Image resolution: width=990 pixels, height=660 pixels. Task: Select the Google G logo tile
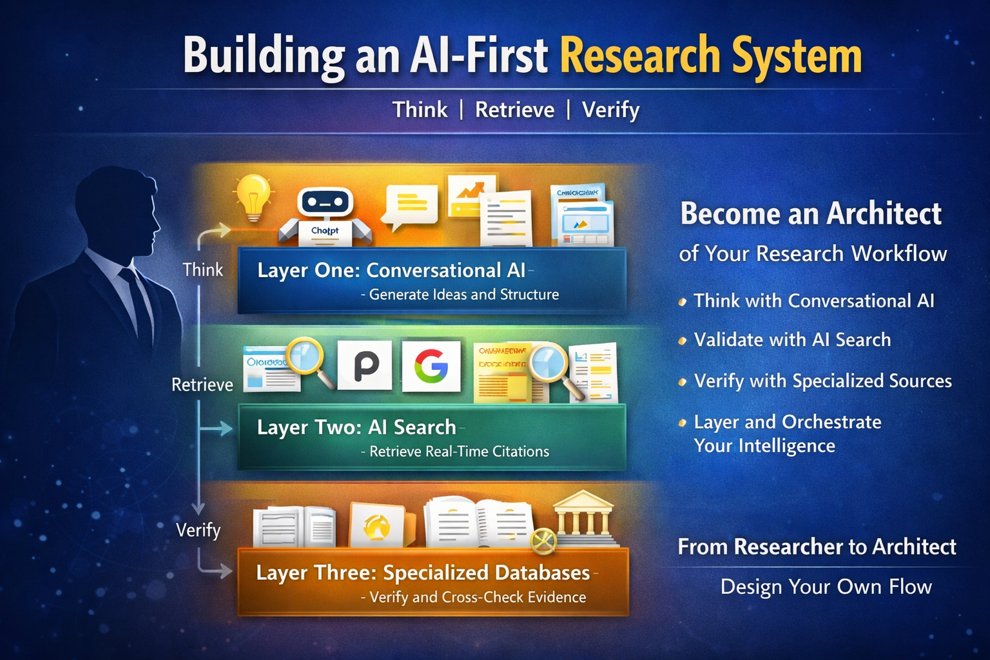[431, 365]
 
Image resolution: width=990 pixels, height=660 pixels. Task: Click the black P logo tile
[365, 365]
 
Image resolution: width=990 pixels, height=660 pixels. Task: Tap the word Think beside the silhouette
[202, 269]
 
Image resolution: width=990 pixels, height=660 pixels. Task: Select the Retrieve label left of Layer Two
[202, 385]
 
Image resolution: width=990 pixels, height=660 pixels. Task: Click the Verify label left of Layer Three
[199, 530]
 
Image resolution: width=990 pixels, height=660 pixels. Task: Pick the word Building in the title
[263, 56]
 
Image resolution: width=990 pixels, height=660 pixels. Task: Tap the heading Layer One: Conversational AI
[391, 270]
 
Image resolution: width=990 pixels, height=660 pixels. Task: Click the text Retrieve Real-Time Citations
[459, 451]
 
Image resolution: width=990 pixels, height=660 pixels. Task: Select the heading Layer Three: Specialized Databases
[423, 572]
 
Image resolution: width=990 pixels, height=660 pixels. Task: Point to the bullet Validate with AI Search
[792, 340]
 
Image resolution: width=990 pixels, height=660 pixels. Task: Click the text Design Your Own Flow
[826, 587]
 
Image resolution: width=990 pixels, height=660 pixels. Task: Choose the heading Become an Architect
[811, 214]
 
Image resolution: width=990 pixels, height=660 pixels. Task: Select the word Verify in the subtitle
[610, 110]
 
